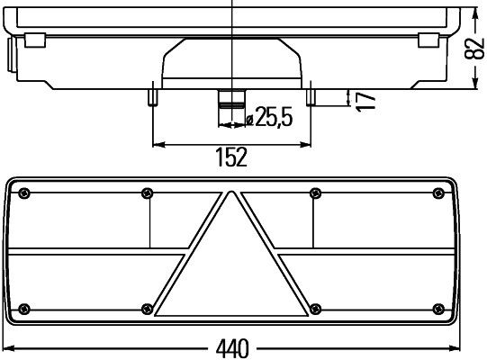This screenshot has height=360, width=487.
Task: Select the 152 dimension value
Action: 231,157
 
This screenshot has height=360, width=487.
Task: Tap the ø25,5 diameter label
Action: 269,116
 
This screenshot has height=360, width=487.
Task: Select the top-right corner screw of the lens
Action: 438,192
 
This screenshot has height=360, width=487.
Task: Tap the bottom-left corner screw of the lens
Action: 24,309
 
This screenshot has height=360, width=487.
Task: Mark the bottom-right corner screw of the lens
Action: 438,309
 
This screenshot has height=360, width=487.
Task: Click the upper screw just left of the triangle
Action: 148,192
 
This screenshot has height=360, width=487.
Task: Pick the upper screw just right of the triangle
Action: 314,192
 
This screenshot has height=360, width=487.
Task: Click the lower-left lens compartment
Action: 90,281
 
